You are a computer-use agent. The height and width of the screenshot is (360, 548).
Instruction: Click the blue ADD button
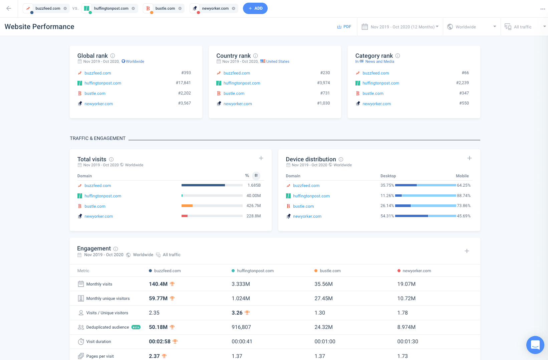pyautogui.click(x=255, y=8)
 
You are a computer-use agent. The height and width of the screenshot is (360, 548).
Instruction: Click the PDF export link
pyautogui.click(x=344, y=27)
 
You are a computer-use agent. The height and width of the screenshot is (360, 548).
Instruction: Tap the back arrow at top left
pyautogui.click(x=9, y=8)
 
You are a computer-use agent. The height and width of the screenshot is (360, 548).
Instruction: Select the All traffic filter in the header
pyautogui.click(x=522, y=27)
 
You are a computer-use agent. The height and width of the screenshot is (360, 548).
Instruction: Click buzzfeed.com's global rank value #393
pyautogui.click(x=186, y=73)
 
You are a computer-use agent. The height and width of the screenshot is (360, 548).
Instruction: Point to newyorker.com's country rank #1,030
pyautogui.click(x=323, y=103)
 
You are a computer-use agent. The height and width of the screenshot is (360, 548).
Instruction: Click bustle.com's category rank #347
pyautogui.click(x=464, y=93)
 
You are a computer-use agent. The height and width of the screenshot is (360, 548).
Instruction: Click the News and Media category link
pyautogui.click(x=379, y=61)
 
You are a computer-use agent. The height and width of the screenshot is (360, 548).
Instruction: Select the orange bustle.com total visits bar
pyautogui.click(x=187, y=206)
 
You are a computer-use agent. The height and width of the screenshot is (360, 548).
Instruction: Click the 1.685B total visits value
pyautogui.click(x=254, y=185)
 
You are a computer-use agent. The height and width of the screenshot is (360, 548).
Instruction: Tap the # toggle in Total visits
pyautogui.click(x=256, y=175)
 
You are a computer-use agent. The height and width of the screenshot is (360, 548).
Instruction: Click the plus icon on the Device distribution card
pyautogui.click(x=469, y=158)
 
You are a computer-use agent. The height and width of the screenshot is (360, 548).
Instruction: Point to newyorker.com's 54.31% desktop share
pyautogui.click(x=387, y=216)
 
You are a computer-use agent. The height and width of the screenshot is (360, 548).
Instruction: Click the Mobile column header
pyautogui.click(x=462, y=176)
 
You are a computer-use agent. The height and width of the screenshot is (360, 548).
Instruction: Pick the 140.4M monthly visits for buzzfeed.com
pyautogui.click(x=158, y=284)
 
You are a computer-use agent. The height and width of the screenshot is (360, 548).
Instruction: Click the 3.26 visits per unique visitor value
pyautogui.click(x=237, y=313)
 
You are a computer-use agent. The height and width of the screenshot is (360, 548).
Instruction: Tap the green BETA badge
pyautogui.click(x=136, y=327)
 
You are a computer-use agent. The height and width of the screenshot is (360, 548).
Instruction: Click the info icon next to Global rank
pyautogui.click(x=113, y=56)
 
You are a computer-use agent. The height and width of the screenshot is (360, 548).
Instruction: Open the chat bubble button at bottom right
pyautogui.click(x=535, y=345)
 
